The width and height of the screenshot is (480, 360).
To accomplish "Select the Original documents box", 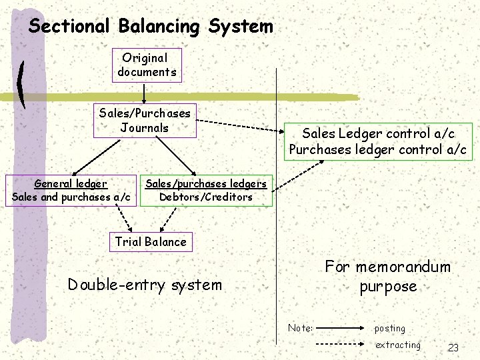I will click(x=147, y=65).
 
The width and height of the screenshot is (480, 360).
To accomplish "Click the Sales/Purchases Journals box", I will click(x=145, y=120).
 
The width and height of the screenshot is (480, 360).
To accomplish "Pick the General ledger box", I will click(x=71, y=190).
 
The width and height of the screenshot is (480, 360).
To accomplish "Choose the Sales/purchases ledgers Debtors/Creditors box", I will click(x=206, y=190).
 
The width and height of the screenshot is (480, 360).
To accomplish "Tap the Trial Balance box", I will click(x=151, y=241).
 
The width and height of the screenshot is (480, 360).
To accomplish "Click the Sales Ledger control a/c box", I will click(x=378, y=141).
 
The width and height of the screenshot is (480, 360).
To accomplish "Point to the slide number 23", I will click(x=453, y=347).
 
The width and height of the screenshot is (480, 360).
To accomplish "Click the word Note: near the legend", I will click(x=301, y=328).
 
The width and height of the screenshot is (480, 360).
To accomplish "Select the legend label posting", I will click(x=390, y=328).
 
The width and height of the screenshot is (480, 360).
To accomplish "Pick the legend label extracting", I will click(x=398, y=345).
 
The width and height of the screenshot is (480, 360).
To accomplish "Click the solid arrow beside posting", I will click(x=341, y=328).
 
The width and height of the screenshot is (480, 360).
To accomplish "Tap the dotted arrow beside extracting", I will click(x=341, y=345).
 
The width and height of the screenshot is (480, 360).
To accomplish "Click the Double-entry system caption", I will click(x=145, y=285).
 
